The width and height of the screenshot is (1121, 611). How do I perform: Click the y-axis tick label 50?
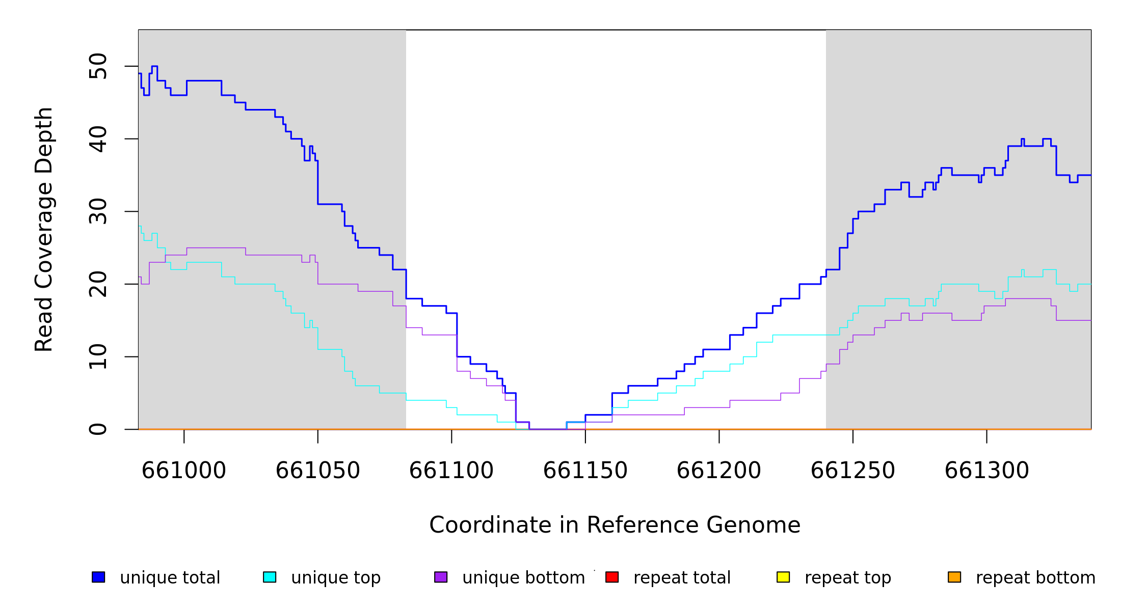98,66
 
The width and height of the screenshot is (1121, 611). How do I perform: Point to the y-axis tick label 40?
98,139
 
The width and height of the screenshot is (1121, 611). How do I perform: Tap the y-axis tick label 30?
98,211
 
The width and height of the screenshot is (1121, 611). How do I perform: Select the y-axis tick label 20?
98,284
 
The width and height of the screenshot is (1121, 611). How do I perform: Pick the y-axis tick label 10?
98,356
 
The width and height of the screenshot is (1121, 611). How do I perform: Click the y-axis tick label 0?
98,429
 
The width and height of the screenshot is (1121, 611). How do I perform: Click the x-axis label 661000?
184,470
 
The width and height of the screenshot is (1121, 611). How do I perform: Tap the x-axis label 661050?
318,470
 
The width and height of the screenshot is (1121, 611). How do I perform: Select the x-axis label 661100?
451,470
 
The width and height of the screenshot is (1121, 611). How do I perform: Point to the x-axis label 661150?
585,470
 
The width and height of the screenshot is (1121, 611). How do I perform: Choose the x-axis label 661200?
719,470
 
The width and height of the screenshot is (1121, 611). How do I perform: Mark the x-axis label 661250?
853,470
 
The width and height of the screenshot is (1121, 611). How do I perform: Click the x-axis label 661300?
987,470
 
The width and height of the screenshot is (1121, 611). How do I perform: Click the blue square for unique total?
98,577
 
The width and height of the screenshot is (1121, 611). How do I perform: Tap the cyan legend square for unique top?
270,577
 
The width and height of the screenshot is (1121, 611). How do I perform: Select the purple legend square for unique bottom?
441,577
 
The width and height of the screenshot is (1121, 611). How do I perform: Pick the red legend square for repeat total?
612,577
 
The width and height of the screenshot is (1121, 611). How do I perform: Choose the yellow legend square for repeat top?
783,577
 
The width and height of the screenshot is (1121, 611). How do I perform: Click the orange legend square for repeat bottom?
954,577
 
